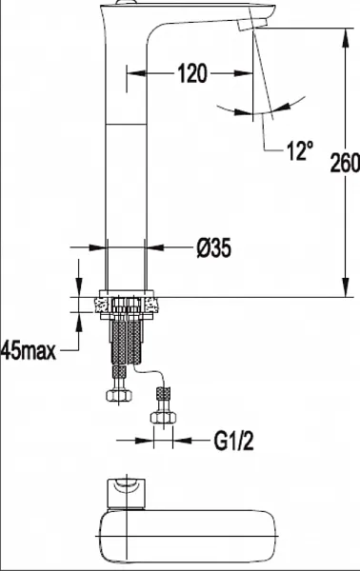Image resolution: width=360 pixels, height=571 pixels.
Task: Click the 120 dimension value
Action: pos(192,73)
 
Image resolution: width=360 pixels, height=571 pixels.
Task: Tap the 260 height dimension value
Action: pos(345,163)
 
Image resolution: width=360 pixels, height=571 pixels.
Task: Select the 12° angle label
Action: pos(300,150)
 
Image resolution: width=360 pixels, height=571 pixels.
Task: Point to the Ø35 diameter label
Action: pos(214,248)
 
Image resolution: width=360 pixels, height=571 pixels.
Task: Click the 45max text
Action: pos(29,351)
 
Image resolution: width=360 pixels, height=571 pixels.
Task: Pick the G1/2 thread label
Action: pos(233,441)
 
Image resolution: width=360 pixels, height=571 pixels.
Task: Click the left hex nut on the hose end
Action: pos(119,395)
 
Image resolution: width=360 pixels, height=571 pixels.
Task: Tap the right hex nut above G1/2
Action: pos(163,418)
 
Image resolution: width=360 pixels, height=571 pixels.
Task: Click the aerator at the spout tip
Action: pos(252,24)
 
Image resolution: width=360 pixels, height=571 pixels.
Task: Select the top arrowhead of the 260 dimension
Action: pos(346,37)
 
